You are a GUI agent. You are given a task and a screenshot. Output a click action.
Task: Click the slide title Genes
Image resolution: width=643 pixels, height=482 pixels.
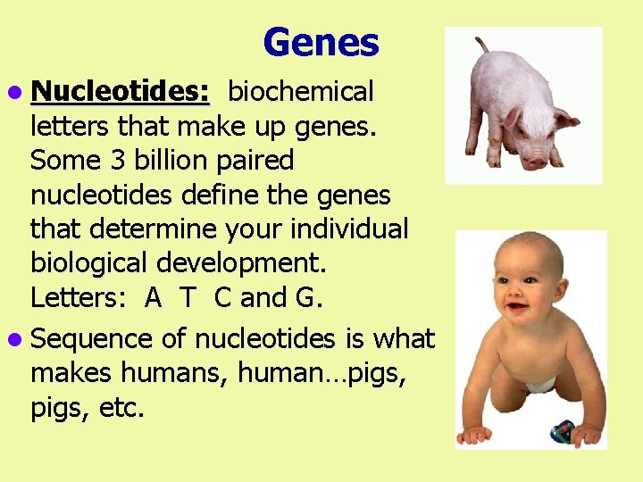coord(321,42)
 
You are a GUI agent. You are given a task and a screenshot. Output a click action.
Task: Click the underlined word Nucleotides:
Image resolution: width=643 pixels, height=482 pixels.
coord(120,92)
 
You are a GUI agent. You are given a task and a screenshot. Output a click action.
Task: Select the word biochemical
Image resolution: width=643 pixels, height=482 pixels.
coord(301,92)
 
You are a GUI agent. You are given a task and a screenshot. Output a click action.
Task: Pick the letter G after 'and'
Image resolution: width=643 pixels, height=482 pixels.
coord(305,298)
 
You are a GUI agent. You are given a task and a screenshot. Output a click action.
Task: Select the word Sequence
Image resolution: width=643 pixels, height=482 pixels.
coord(82,340)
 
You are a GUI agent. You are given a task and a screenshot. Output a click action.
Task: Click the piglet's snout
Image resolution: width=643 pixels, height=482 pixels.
coord(534,162)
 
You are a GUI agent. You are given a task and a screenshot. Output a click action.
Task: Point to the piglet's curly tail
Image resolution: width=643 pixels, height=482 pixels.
coord(481,44)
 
